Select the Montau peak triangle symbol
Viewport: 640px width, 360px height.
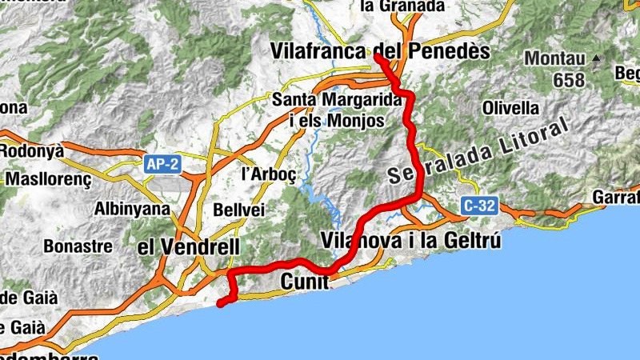596,58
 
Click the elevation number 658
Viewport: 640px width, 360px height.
570,80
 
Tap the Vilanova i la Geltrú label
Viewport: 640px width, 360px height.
410,239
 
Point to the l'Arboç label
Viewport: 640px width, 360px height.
263,174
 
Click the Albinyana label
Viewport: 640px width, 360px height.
133,210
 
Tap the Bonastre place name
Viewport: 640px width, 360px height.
78,246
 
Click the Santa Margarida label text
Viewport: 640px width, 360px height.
336,100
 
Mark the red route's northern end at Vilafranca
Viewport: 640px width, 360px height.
376,56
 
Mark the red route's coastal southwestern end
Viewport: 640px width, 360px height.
220,303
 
